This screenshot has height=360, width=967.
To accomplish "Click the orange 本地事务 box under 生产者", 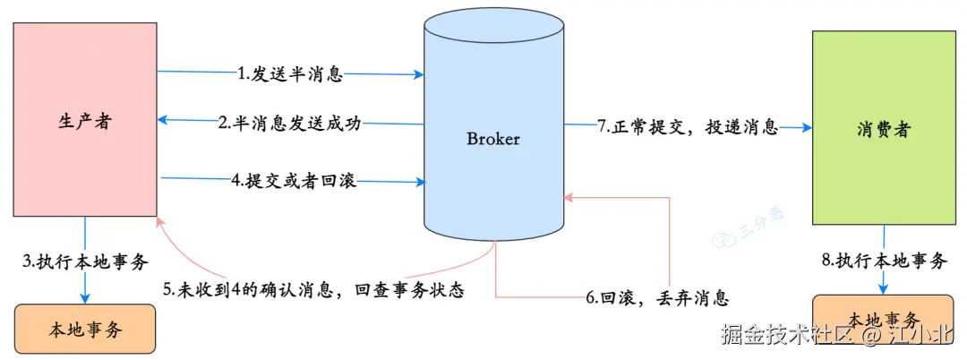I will [x=84, y=329].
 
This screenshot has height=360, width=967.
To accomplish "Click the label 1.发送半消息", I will [x=289, y=74].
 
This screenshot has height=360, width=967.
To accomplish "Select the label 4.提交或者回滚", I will [x=293, y=181].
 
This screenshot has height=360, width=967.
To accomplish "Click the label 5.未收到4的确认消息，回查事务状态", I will [x=312, y=290].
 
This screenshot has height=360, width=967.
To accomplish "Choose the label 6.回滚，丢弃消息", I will [x=657, y=297].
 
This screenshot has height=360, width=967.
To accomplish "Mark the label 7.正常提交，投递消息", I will [x=688, y=127].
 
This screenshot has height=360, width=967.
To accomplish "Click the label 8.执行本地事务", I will [x=884, y=261].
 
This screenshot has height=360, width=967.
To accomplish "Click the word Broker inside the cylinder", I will [x=493, y=139].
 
